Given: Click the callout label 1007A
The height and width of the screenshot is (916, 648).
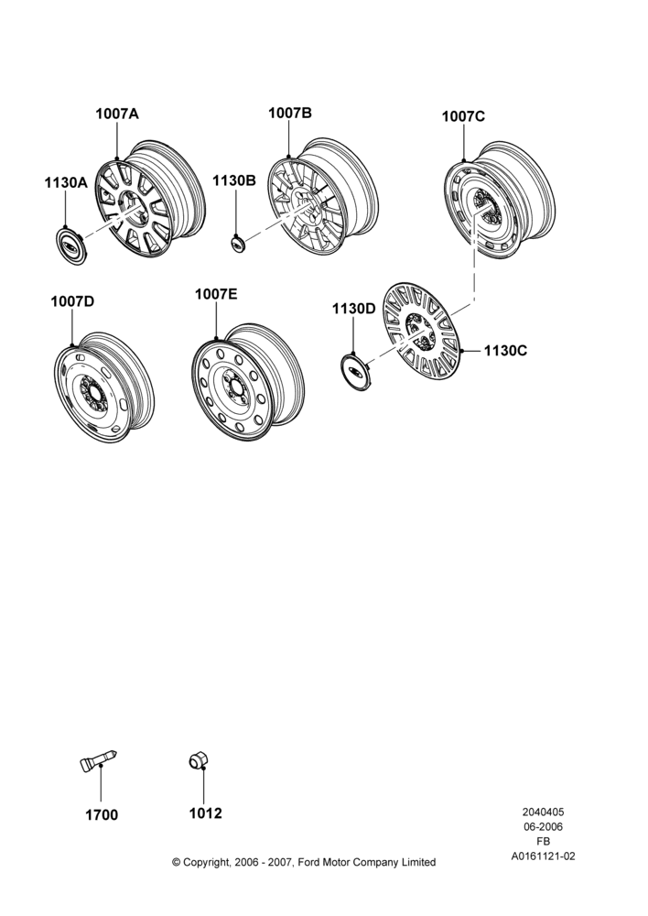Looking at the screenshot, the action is point(117,114).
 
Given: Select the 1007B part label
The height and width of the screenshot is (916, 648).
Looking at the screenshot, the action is point(290,113).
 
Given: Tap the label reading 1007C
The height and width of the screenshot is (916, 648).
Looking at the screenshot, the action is point(463,116).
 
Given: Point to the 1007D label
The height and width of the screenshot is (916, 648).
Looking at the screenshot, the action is point(72,301).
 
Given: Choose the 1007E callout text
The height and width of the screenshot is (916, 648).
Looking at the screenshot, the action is point(216,294).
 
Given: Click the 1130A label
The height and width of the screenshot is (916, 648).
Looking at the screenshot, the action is point(66,183).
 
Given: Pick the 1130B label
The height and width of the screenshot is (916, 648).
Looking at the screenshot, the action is point(234,180).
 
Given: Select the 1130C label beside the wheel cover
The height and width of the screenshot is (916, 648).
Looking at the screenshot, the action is point(505,351).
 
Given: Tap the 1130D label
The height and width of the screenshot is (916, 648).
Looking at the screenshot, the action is point(354,309).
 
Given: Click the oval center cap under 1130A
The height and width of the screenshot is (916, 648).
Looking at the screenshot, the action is point(71,243).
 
